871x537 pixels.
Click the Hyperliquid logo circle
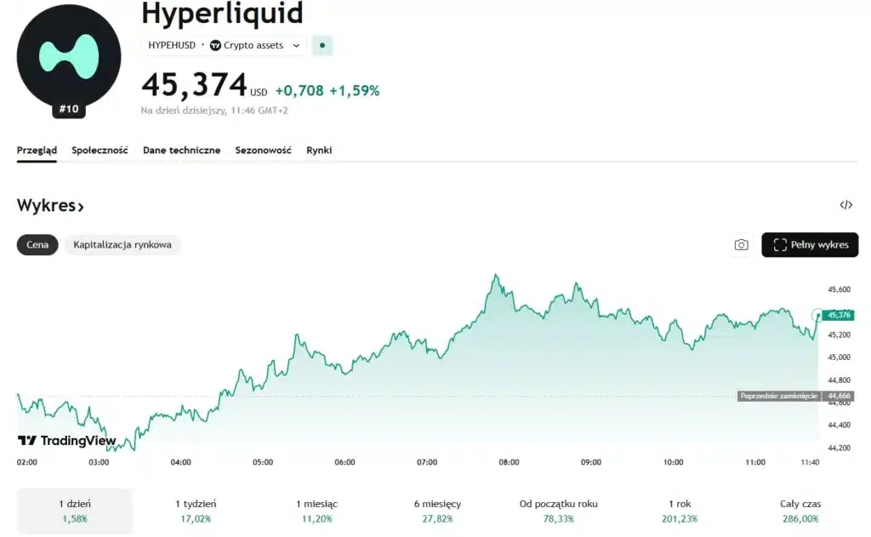[68, 56]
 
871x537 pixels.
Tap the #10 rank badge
[69, 110]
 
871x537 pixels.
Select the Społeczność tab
[100, 151]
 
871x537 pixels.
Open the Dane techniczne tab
[181, 151]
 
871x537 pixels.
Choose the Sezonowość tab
[263, 151]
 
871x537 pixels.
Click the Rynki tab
[319, 151]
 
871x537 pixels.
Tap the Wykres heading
[50, 206]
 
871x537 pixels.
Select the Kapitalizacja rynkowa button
[122, 245]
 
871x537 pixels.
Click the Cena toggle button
[37, 245]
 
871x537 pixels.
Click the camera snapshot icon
[741, 245]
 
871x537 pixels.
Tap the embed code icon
[845, 205]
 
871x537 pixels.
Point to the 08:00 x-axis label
[509, 462]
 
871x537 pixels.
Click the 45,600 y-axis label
[839, 290]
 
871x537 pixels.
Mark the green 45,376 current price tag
[839, 315]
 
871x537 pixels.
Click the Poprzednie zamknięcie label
[778, 396]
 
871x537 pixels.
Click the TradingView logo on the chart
[67, 441]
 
